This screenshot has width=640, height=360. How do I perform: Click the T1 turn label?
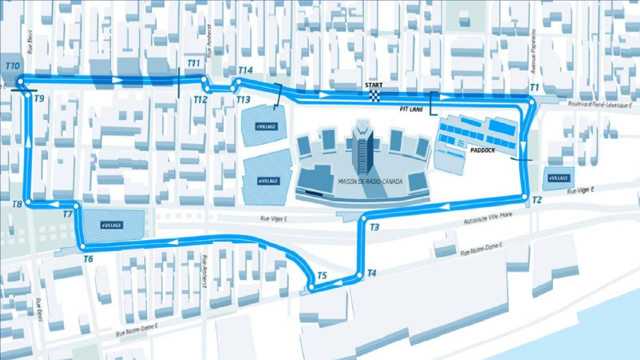point(534,87)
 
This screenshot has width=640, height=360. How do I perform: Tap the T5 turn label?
point(322,276)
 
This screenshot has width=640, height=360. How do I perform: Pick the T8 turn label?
point(17,204)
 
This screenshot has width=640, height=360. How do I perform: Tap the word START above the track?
point(373,85)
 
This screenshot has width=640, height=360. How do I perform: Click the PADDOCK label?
point(483,150)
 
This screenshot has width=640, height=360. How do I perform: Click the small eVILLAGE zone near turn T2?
point(558,179)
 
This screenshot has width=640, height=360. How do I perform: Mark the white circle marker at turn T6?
point(83,247)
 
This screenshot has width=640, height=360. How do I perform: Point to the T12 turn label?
point(200,100)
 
